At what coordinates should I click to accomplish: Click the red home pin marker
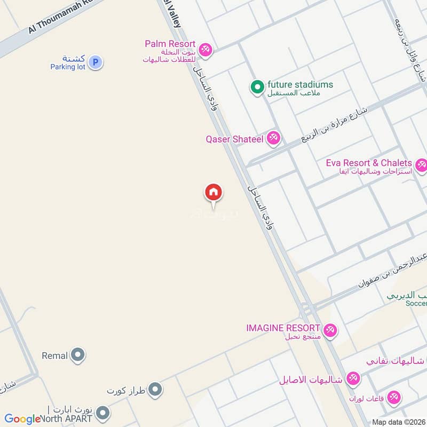pyautogui.click(x=213, y=192)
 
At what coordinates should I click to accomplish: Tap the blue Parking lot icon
pyautogui.click(x=95, y=62)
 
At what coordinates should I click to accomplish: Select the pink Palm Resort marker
pyautogui.click(x=205, y=50)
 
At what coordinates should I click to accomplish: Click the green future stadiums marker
pyautogui.click(x=257, y=86)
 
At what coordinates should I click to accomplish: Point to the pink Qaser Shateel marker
pyautogui.click(x=274, y=139)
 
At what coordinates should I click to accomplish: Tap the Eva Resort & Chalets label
pyautogui.click(x=369, y=163)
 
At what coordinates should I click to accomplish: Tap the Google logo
pyautogui.click(x=22, y=419)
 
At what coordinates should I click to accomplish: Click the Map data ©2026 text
pyautogui.click(x=398, y=422)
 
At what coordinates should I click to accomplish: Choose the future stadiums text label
pyautogui.click(x=300, y=84)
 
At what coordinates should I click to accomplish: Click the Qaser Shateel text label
pyautogui.click(x=234, y=139)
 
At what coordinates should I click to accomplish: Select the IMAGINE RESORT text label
pyautogui.click(x=283, y=327)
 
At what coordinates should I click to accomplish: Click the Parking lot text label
pyautogui.click(x=68, y=67)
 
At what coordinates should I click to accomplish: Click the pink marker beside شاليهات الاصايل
pyautogui.click(x=352, y=379)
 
